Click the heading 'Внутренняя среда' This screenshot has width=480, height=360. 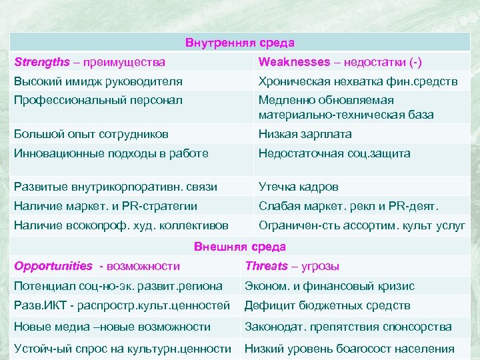[x=240, y=43]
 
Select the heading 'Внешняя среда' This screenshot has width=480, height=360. [x=240, y=247]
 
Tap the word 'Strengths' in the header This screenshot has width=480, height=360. [x=41, y=62]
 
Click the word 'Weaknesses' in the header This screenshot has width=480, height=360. [x=294, y=62]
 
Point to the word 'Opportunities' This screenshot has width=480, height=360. [x=53, y=267]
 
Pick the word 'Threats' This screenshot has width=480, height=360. [x=267, y=267]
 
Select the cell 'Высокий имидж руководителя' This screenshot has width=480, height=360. [x=98, y=82]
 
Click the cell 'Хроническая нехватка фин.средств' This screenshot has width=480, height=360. [x=358, y=82]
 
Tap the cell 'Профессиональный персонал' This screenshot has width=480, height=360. [x=98, y=100]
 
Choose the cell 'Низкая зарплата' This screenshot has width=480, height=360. [x=305, y=134]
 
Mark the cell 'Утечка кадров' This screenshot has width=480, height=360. [x=299, y=187]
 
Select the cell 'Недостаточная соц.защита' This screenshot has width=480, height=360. [x=335, y=153]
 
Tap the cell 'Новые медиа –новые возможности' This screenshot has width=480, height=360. [x=112, y=327]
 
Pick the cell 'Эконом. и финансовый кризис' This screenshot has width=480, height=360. [x=329, y=286]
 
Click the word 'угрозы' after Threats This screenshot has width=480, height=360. [x=321, y=267]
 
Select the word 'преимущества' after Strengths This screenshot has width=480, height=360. [x=125, y=62]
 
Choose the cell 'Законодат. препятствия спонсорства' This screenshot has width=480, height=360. [x=348, y=327]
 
